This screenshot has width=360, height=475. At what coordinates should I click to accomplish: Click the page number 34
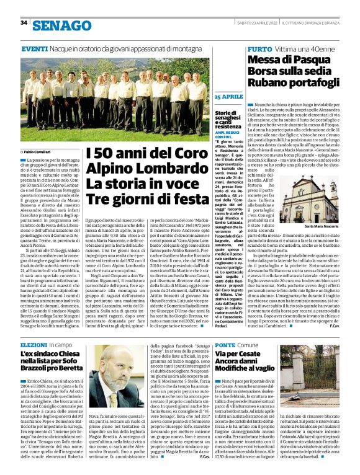pos(24,23)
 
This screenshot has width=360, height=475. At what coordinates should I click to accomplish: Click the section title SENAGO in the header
pos(61,25)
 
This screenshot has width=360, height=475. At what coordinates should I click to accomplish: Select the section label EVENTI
pos(34,48)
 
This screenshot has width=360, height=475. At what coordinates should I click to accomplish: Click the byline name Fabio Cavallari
pos(41,152)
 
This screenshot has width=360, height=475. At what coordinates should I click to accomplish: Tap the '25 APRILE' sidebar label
pos(228,97)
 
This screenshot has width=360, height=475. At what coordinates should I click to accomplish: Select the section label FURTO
pos(259,48)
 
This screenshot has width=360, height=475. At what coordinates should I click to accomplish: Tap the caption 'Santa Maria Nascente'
pos(321,226)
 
